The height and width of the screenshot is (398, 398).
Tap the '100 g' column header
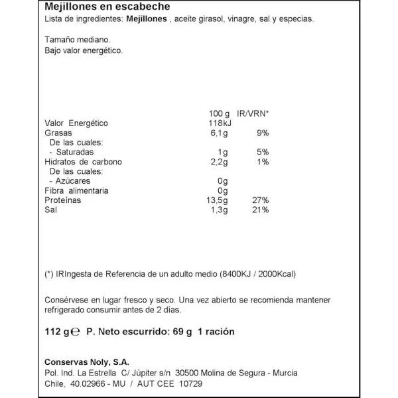coord(218,113)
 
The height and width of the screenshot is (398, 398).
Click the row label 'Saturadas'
coord(78,152)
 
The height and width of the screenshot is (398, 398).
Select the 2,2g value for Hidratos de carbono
coord(218,162)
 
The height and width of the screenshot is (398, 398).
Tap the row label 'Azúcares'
coord(74,181)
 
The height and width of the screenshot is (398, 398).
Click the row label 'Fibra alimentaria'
coord(77,191)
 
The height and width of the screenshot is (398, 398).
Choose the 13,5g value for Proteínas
coord(216,200)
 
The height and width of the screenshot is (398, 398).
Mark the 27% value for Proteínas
coord(259,200)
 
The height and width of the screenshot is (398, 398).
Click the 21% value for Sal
coord(259,210)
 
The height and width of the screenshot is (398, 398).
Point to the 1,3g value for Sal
coord(218,210)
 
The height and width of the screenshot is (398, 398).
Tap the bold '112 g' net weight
coord(57,332)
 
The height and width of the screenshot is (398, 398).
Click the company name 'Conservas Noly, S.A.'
coord(87,362)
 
